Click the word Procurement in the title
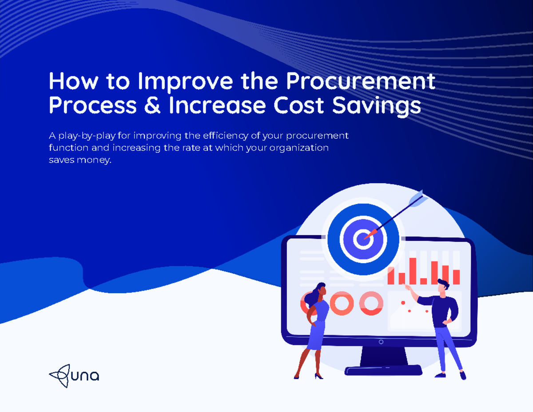360,81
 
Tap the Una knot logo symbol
60,376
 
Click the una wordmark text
84,376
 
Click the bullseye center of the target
361,239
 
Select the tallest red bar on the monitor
413,270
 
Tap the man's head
443,286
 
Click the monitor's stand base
383,370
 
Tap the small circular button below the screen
381,342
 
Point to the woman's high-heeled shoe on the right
318,376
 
